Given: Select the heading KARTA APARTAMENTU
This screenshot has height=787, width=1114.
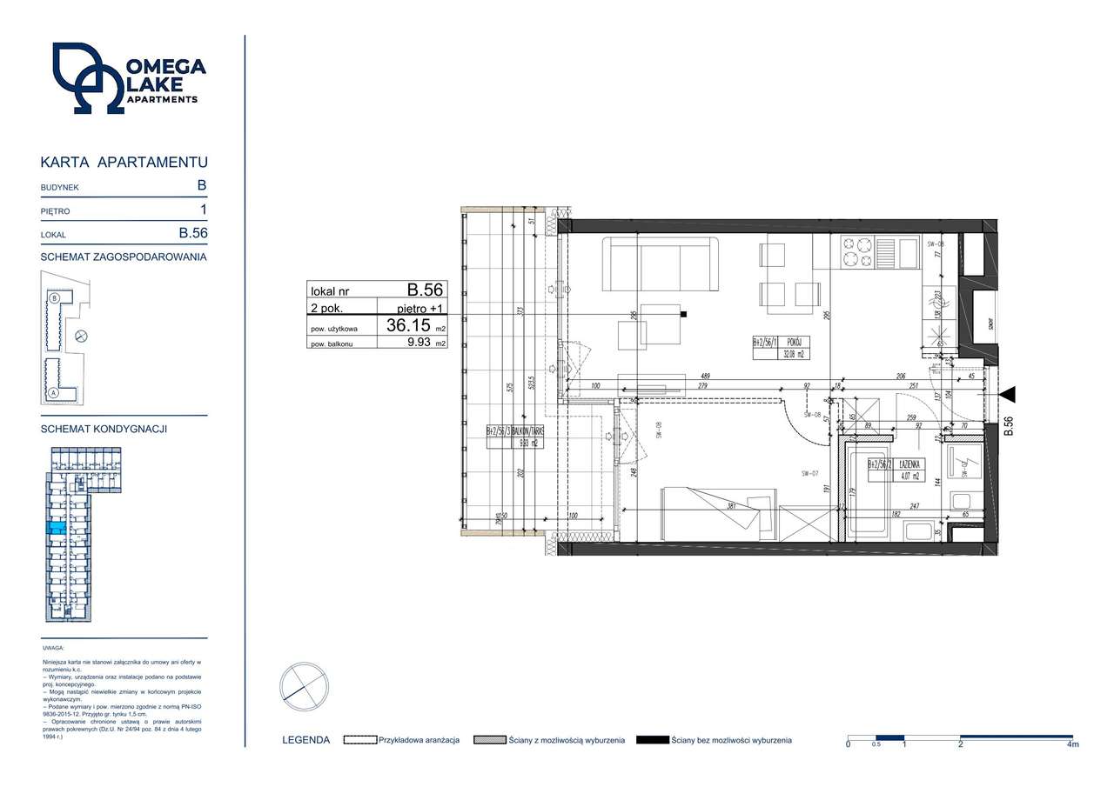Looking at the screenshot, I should tap(124, 162).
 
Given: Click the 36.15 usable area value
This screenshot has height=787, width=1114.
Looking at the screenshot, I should tap(408, 326).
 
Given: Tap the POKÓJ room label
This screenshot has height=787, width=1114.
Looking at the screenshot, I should tap(789, 342).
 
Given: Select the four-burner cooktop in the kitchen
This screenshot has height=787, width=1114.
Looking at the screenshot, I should tap(855, 252).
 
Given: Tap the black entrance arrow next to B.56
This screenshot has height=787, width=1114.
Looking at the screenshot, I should tap(1007, 396).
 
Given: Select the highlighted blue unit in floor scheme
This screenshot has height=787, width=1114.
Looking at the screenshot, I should tap(55, 527).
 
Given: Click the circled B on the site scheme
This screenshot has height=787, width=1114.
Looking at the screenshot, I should tap(55, 297).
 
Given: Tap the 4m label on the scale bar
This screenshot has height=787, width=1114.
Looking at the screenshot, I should tap(1072, 745).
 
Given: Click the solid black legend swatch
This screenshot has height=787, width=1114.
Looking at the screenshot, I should tap(652, 740).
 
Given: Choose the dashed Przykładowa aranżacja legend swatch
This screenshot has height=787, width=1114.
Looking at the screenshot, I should tap(359, 740).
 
